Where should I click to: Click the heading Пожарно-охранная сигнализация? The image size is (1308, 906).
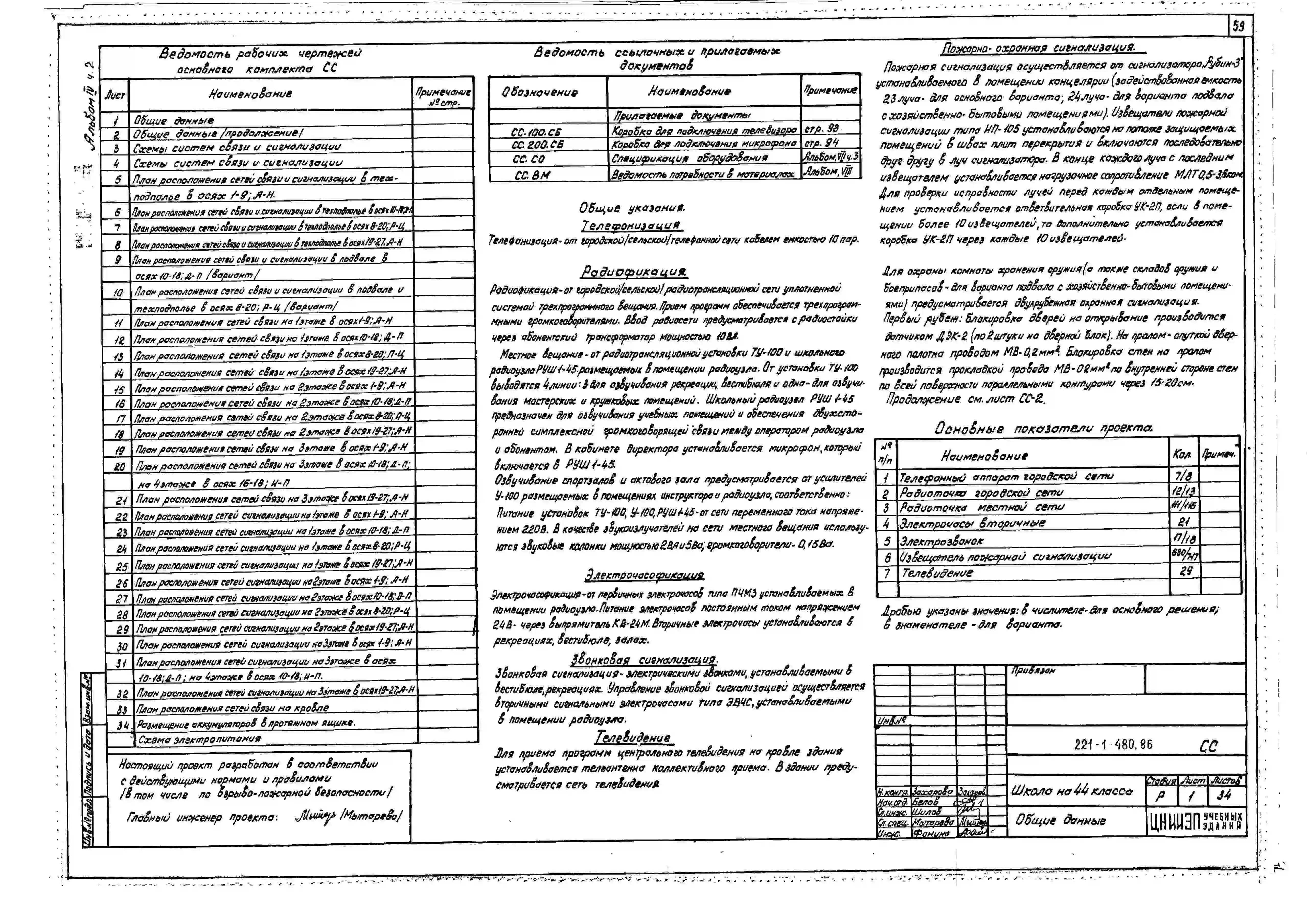click(1038, 48)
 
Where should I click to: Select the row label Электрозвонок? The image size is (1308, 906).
click(942, 540)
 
